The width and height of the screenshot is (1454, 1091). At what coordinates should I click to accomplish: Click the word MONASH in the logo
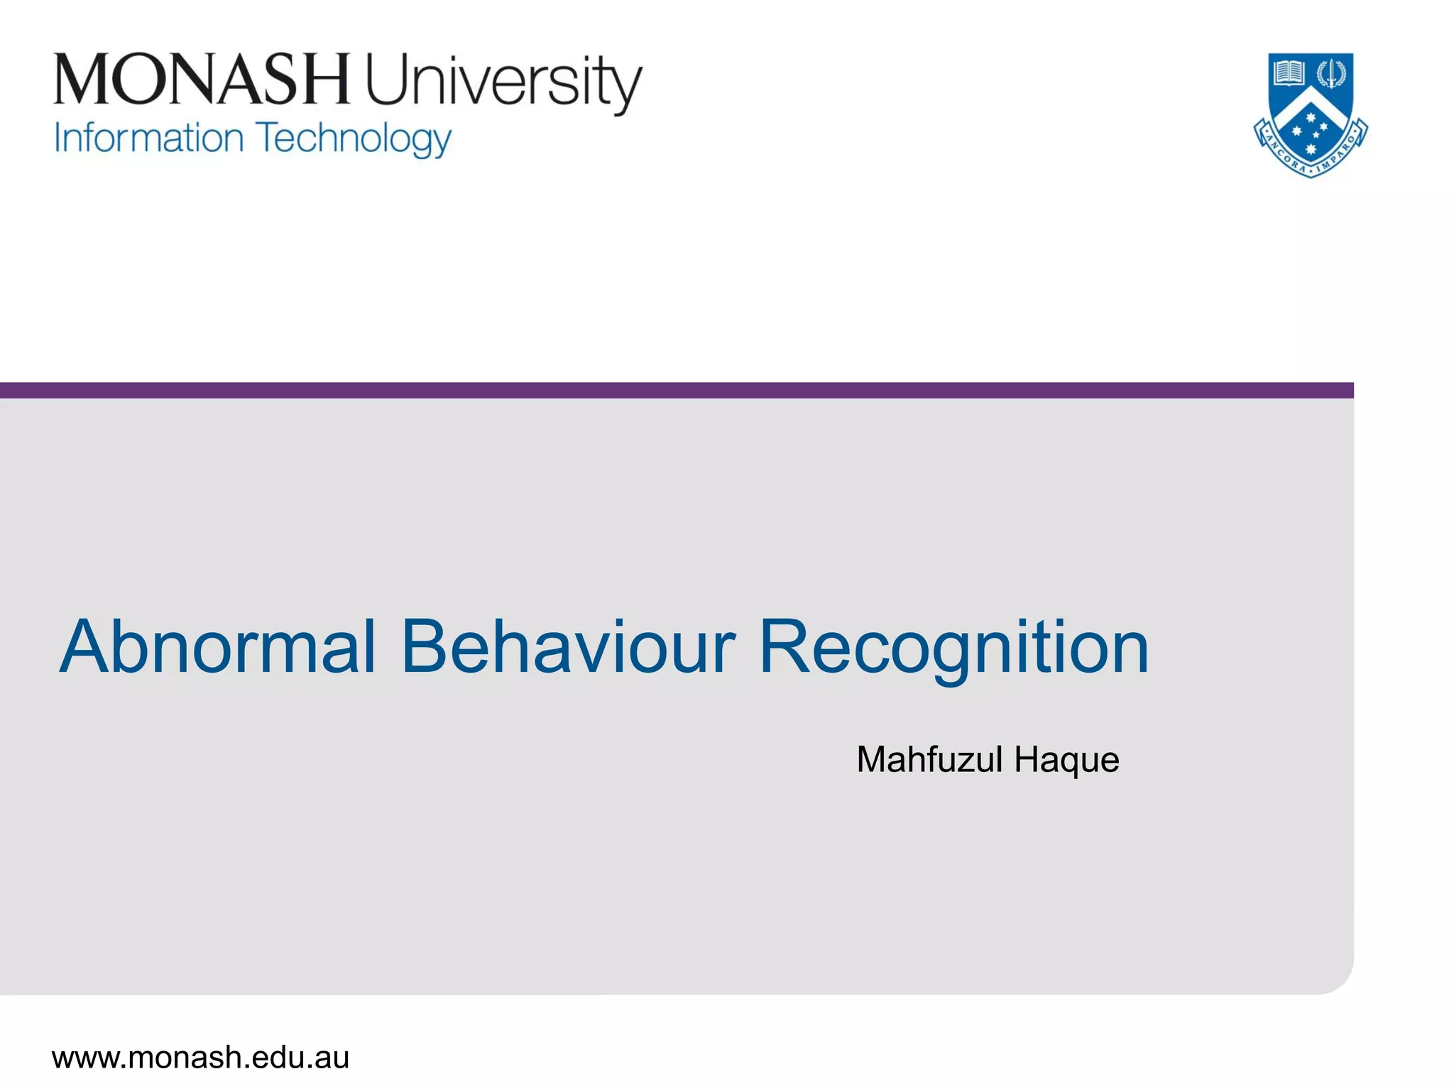[202, 79]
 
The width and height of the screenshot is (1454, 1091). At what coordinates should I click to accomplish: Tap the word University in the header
[503, 82]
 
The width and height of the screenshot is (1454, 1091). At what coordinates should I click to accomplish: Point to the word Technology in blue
[354, 139]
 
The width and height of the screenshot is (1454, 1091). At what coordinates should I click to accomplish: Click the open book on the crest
[1289, 72]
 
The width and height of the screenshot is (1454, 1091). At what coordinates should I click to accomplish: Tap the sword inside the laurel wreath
[1331, 72]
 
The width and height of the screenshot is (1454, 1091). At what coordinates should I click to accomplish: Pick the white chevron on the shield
[1311, 107]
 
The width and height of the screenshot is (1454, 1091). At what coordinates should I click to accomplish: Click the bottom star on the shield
[1311, 148]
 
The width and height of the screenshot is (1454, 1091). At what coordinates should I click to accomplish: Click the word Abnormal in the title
[217, 647]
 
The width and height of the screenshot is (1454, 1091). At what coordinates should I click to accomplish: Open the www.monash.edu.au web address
[201, 1058]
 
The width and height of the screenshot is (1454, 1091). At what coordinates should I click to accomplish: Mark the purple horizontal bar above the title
[674, 390]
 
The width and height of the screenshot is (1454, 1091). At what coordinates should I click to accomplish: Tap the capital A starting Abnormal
[85, 647]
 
